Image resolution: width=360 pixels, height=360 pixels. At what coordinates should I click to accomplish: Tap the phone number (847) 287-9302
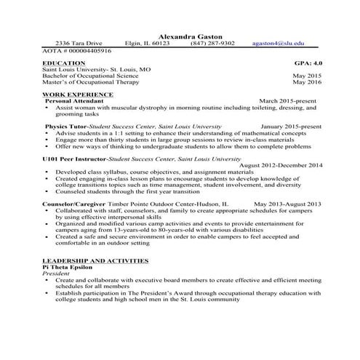(212, 44)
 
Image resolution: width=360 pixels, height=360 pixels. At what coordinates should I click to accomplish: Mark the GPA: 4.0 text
(307, 63)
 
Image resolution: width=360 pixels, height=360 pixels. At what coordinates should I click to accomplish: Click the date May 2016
(307, 82)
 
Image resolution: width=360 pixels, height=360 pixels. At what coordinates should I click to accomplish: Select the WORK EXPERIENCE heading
(78, 95)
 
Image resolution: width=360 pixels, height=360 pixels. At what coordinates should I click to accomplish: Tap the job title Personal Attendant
(75, 101)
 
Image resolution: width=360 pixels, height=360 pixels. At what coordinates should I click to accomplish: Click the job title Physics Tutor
(70, 127)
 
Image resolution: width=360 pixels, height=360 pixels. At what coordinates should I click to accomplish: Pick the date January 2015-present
(287, 127)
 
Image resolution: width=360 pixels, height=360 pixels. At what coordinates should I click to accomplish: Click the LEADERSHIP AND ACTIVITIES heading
(96, 260)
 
